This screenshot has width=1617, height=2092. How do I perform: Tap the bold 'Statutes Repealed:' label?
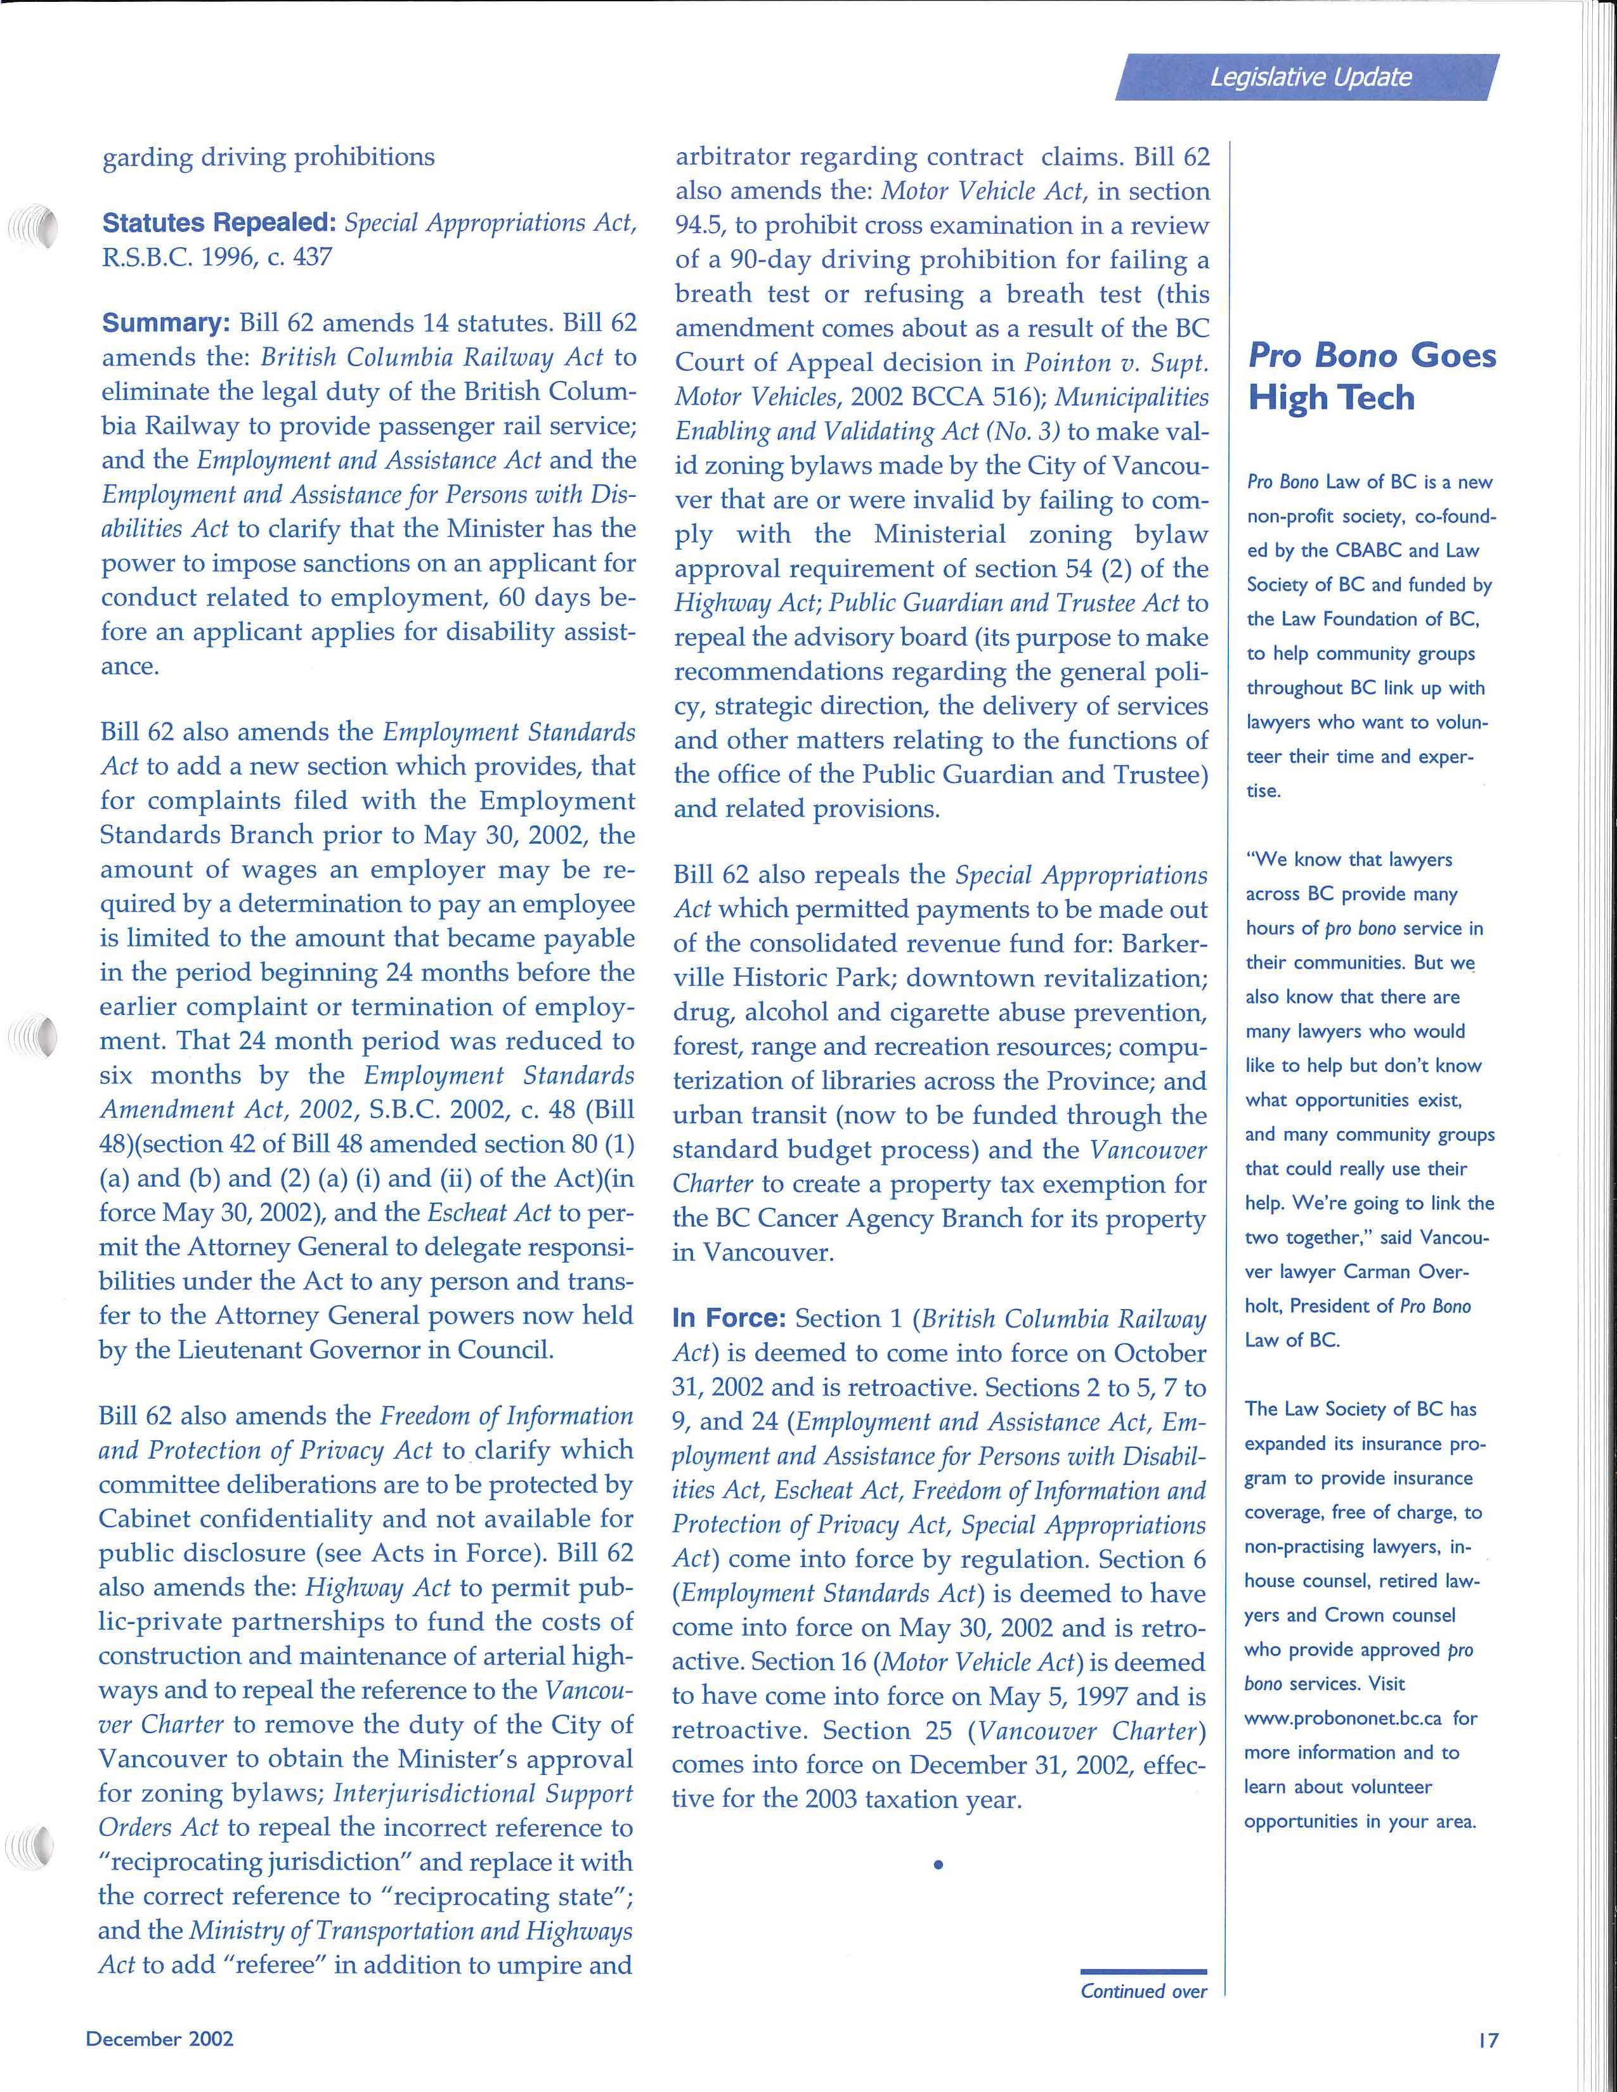coord(218,223)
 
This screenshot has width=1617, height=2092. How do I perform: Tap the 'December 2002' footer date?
coord(160,2038)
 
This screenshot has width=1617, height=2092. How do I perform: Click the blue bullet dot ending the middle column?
coord(938,1865)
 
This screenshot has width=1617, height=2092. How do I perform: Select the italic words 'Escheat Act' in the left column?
coord(488,1213)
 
